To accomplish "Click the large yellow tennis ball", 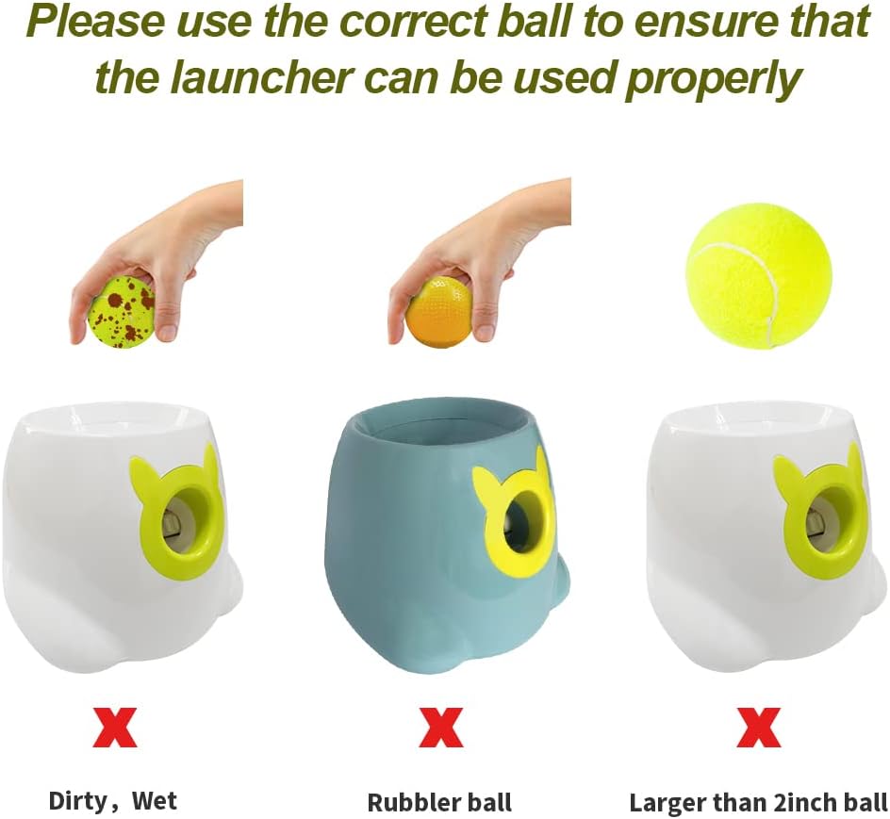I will [x=758, y=275].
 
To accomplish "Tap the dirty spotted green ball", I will [x=121, y=312].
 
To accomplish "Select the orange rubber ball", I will [x=439, y=312].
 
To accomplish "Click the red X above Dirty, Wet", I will [x=115, y=728].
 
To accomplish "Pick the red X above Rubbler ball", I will [x=440, y=728].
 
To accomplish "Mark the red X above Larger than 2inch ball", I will [x=759, y=728].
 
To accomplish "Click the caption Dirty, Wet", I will [x=113, y=801].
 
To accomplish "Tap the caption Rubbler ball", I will [x=439, y=803].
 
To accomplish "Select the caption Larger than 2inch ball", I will [x=758, y=803].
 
